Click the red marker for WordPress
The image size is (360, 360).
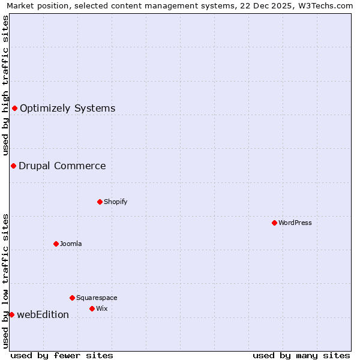[274, 223]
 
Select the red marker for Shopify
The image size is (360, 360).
[100, 202]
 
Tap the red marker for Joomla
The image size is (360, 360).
[56, 244]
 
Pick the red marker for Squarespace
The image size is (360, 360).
[72, 298]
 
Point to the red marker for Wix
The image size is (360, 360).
[92, 308]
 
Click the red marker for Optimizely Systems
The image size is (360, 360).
[14, 108]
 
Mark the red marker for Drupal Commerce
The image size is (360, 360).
[13, 166]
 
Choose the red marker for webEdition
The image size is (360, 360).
[11, 314]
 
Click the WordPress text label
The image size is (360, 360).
[295, 223]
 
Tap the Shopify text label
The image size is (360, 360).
[115, 202]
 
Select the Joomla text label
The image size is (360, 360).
[71, 244]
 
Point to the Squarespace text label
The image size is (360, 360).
[97, 298]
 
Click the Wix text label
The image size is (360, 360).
[101, 308]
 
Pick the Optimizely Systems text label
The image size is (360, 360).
[67, 108]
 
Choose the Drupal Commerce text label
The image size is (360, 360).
[62, 166]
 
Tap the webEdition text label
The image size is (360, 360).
[43, 314]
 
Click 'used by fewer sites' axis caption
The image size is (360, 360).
[62, 355]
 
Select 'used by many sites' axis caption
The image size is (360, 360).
[301, 355]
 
